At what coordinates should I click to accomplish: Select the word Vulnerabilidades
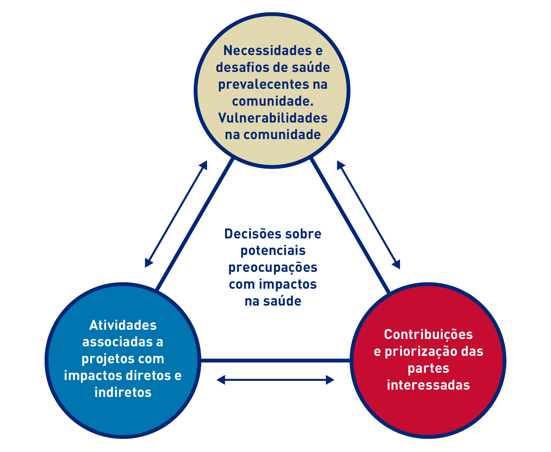273,118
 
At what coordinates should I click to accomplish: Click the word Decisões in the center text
252,234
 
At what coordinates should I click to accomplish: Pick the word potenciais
273,251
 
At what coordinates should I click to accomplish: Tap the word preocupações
273,268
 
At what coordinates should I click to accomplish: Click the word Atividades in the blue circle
123,325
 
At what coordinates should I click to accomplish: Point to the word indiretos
123,392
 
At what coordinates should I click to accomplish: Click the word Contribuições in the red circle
428,335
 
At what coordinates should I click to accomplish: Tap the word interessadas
428,385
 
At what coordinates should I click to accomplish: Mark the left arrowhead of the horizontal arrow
220,380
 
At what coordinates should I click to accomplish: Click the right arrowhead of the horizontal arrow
330,380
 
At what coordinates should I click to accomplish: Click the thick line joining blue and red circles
275,361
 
